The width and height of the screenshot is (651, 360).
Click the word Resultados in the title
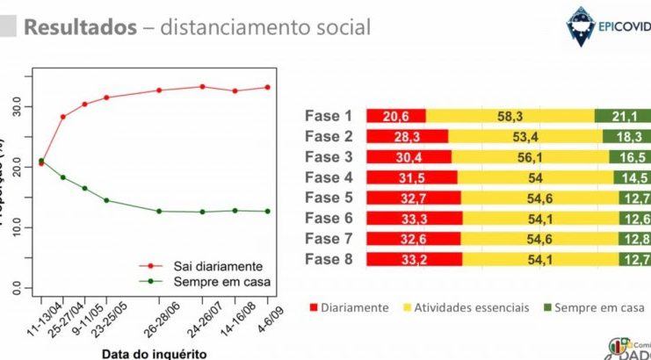pyautogui.click(x=80, y=27)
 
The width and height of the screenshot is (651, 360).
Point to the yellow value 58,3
pyautogui.click(x=509, y=116)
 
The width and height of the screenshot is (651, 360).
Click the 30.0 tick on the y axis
pyautogui.click(x=18, y=106)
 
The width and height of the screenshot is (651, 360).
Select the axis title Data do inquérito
pyautogui.click(x=154, y=353)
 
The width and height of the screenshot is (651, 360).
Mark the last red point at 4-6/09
pyautogui.click(x=268, y=87)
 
